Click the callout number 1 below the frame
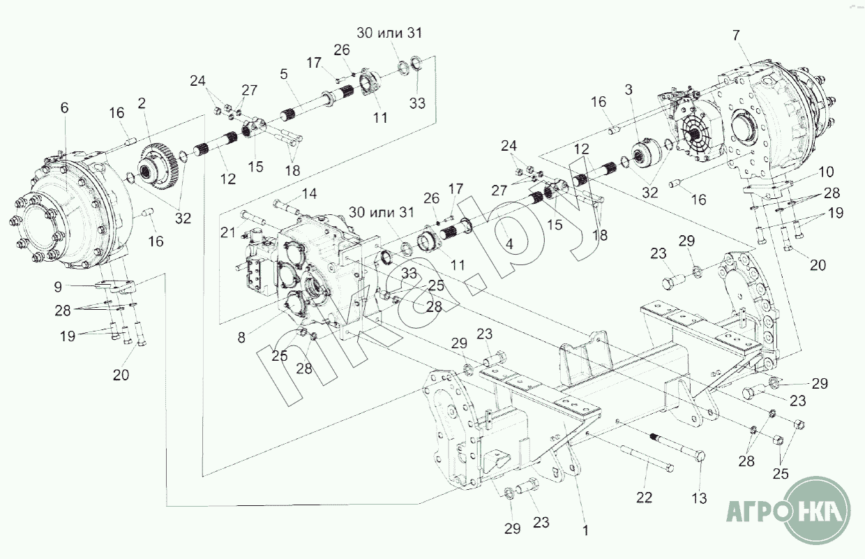(585, 530)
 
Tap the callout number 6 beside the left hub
(65, 107)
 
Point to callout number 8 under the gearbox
(241, 336)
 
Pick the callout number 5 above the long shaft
(283, 73)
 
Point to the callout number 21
(228, 232)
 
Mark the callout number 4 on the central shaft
(509, 244)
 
